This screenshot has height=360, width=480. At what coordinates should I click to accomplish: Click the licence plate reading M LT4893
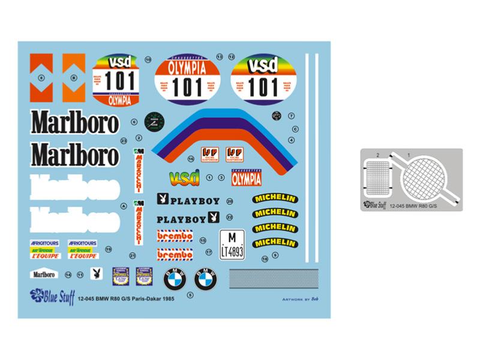coord(232,245)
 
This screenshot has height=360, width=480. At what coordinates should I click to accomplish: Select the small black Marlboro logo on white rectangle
coord(44,274)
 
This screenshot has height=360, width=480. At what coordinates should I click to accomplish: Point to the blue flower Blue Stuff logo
coord(37,294)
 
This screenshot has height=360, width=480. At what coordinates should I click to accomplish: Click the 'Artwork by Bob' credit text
coord(298,298)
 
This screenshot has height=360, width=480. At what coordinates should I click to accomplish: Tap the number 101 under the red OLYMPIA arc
coord(187,88)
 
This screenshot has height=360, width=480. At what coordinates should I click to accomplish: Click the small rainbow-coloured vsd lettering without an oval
coord(185,178)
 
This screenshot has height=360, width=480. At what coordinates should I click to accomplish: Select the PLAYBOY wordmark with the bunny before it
coord(188,200)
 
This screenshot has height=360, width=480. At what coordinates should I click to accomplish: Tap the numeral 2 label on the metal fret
coord(378,155)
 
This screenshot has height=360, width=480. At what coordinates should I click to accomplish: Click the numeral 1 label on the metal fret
coord(409,155)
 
